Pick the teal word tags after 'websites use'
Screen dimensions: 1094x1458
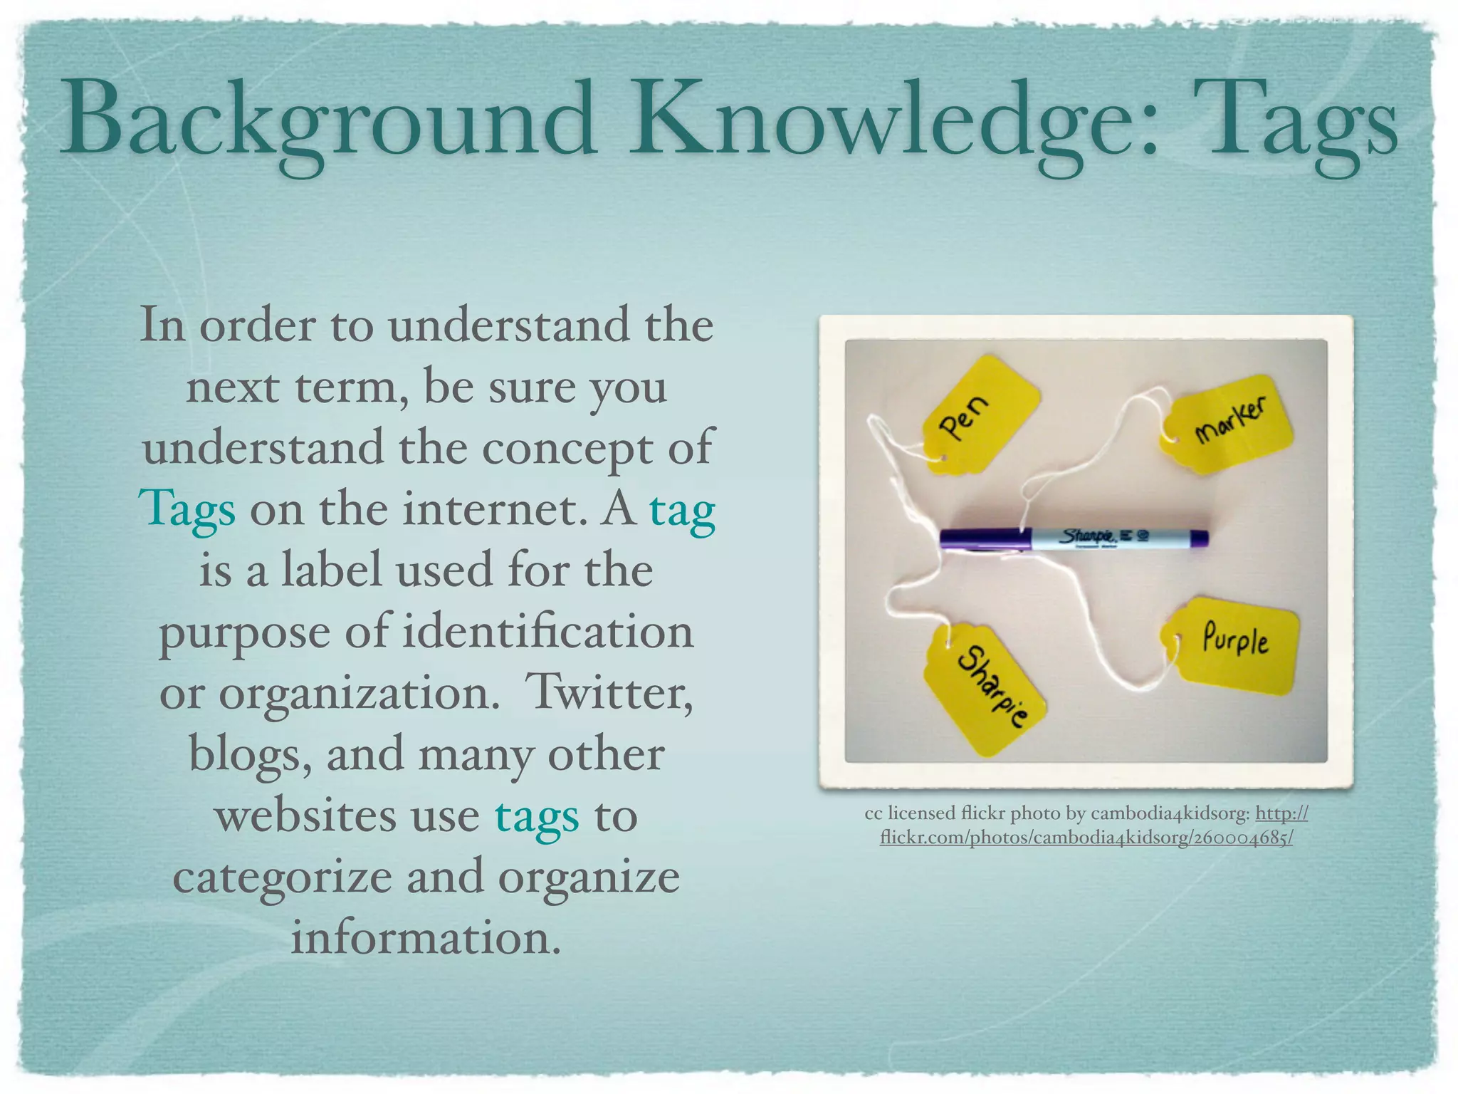click(537, 817)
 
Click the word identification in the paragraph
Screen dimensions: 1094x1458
click(547, 632)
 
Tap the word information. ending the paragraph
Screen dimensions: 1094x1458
click(426, 938)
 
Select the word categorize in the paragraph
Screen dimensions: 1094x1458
click(283, 877)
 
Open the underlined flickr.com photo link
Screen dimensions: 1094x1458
click(1086, 838)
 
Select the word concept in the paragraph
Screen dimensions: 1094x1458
click(567, 448)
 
